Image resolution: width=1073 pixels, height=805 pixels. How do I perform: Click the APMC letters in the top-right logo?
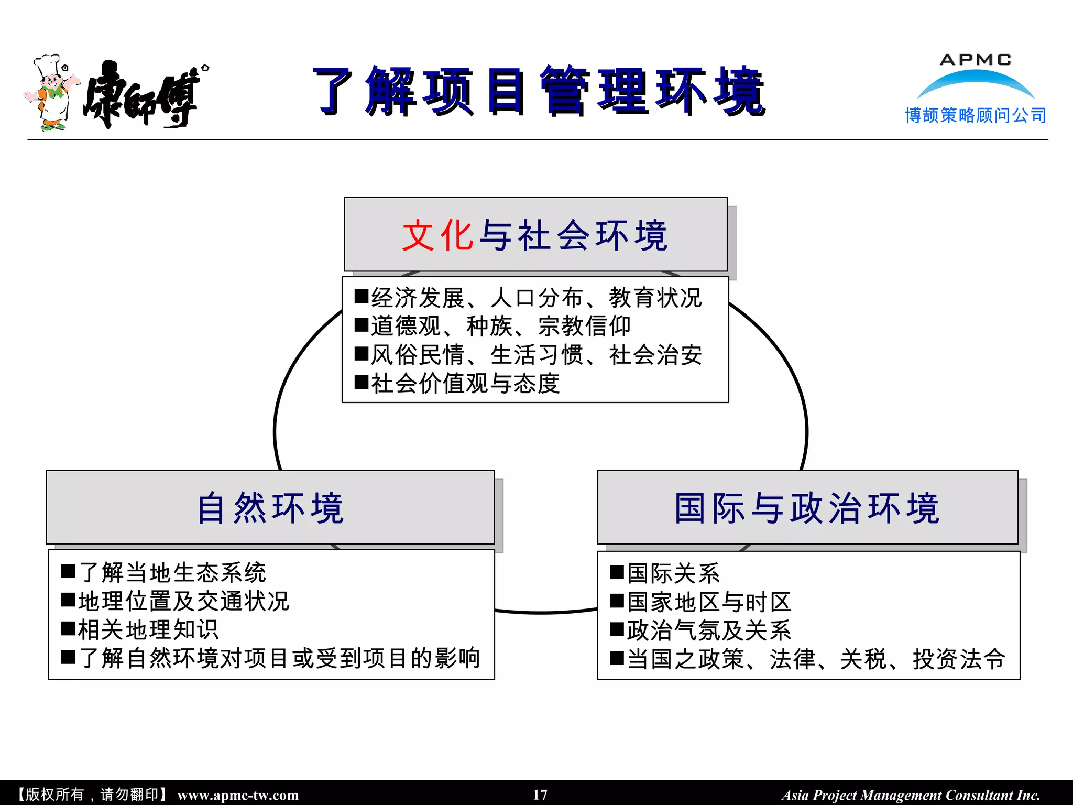[975, 60]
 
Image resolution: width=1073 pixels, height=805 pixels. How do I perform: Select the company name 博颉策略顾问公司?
[975, 115]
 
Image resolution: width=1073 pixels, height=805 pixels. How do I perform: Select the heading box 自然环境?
[270, 507]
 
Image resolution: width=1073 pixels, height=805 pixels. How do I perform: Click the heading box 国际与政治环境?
[807, 507]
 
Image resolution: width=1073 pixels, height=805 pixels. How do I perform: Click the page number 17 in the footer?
[540, 795]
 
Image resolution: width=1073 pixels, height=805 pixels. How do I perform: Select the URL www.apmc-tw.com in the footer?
[238, 795]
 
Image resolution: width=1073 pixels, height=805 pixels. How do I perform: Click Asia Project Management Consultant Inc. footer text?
[911, 795]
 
